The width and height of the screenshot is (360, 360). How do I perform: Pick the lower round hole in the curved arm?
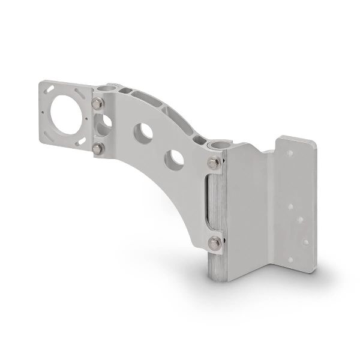(x=175, y=158)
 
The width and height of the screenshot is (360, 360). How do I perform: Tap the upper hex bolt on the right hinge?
(x=213, y=163)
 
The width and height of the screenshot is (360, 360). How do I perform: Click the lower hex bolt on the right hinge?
(x=214, y=242)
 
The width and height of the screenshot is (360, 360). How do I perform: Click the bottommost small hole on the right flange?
(x=292, y=260)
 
